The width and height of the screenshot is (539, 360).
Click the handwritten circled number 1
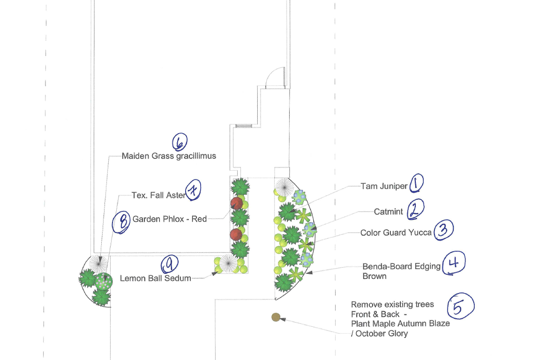pyautogui.click(x=416, y=183)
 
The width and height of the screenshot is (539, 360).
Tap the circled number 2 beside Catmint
pyautogui.click(x=415, y=210)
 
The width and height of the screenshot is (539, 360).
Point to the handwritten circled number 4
pyautogui.click(x=453, y=263)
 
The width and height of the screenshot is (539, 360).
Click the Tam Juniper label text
pyautogui.click(x=384, y=186)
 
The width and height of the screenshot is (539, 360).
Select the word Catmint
pyautogui.click(x=388, y=211)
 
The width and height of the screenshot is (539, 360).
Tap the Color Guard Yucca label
pyautogui.click(x=396, y=232)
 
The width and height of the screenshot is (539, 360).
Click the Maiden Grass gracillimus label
pyautogui.click(x=169, y=156)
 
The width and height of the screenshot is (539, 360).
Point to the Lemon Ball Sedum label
pyautogui.click(x=155, y=278)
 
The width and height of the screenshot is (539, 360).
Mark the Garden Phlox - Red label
pyautogui.click(x=169, y=219)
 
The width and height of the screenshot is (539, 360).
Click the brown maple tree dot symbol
pyautogui.click(x=276, y=317)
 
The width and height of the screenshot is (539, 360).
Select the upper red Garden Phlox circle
pyautogui.click(x=236, y=203)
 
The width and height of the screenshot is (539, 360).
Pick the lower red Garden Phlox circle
pyautogui.click(x=236, y=234)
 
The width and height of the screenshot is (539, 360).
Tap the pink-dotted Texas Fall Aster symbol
pyautogui.click(x=104, y=281)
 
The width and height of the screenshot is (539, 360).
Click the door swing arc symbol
pyautogui.click(x=274, y=78)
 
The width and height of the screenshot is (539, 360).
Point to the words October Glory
pyautogui.click(x=382, y=334)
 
